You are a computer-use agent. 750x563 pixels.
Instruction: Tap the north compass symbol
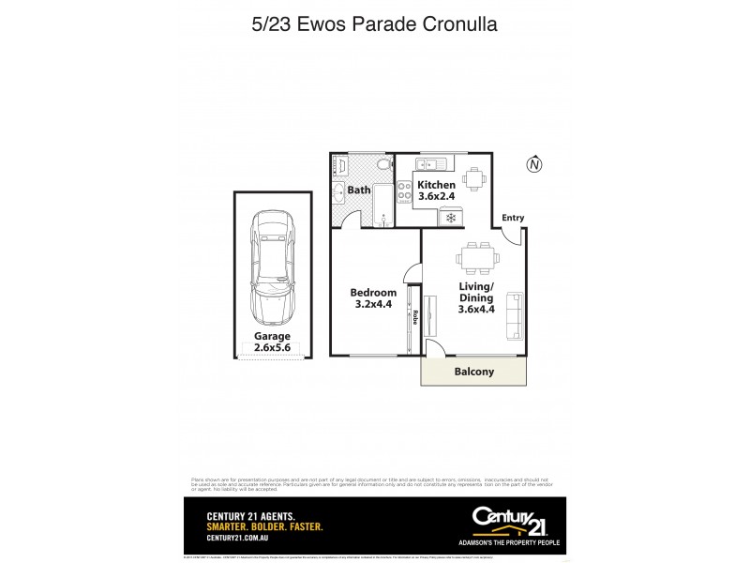click(534, 165)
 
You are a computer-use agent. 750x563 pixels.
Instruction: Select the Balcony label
click(473, 372)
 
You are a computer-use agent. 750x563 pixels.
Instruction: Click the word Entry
click(513, 218)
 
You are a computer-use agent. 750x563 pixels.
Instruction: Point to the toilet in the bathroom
click(382, 165)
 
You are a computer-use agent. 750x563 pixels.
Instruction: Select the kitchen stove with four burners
click(405, 193)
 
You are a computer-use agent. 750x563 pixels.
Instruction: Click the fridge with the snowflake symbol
click(450, 217)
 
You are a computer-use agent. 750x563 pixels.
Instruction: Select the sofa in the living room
click(515, 315)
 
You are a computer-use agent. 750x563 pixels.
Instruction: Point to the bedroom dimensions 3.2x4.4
click(373, 304)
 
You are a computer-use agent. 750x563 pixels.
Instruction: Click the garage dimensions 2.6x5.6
click(272, 348)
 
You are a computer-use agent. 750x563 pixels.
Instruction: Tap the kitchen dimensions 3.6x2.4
click(437, 198)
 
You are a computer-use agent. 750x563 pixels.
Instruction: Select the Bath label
click(359, 190)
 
